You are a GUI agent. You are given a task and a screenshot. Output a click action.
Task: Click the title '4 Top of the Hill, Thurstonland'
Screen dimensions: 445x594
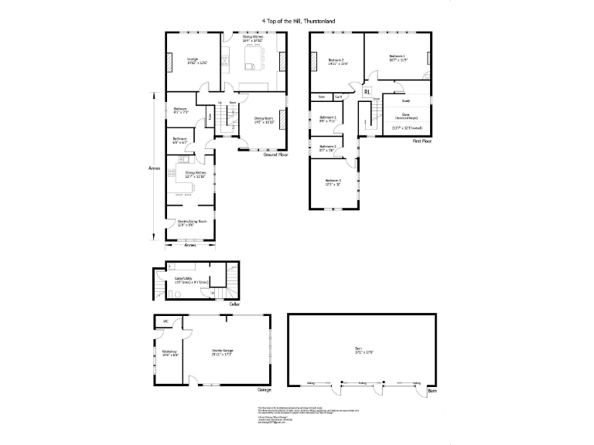297,23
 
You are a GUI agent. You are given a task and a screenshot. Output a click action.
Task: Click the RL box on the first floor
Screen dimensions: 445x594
367,92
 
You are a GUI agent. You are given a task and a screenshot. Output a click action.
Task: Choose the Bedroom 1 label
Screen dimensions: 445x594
398,57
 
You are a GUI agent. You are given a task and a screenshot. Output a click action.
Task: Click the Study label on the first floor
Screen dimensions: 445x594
405,100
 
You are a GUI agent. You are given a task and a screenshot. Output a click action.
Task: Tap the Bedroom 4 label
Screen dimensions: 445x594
333,182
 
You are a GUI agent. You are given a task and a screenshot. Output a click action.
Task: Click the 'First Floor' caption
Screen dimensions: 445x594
422,141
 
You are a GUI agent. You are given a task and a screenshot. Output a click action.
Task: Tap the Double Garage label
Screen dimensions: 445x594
223,352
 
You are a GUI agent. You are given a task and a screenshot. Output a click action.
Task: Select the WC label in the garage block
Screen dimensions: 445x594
166,321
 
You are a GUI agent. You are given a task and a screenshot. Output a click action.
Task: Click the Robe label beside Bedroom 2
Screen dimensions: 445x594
322,97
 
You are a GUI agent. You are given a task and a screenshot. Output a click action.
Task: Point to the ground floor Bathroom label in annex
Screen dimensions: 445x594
179,141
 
